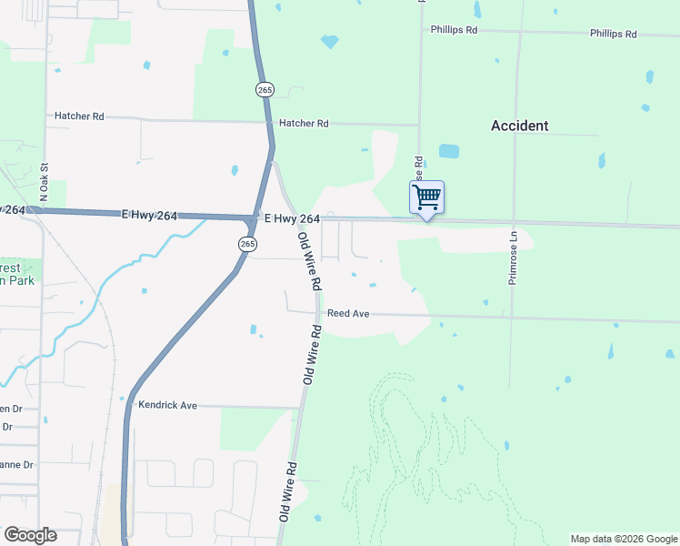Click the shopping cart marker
click(426, 197)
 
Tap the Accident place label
click(519, 126)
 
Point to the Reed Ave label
click(348, 313)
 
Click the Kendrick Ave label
click(167, 404)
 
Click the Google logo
click(30, 535)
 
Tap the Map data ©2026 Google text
click(623, 539)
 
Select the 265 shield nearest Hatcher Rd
click(264, 89)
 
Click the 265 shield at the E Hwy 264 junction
click(248, 244)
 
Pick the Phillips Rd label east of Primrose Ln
click(613, 34)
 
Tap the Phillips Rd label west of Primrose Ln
click(454, 30)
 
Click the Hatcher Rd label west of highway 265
click(79, 116)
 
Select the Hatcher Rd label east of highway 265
click(304, 123)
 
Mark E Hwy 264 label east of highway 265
click(292, 219)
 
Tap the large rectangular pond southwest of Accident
click(449, 151)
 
